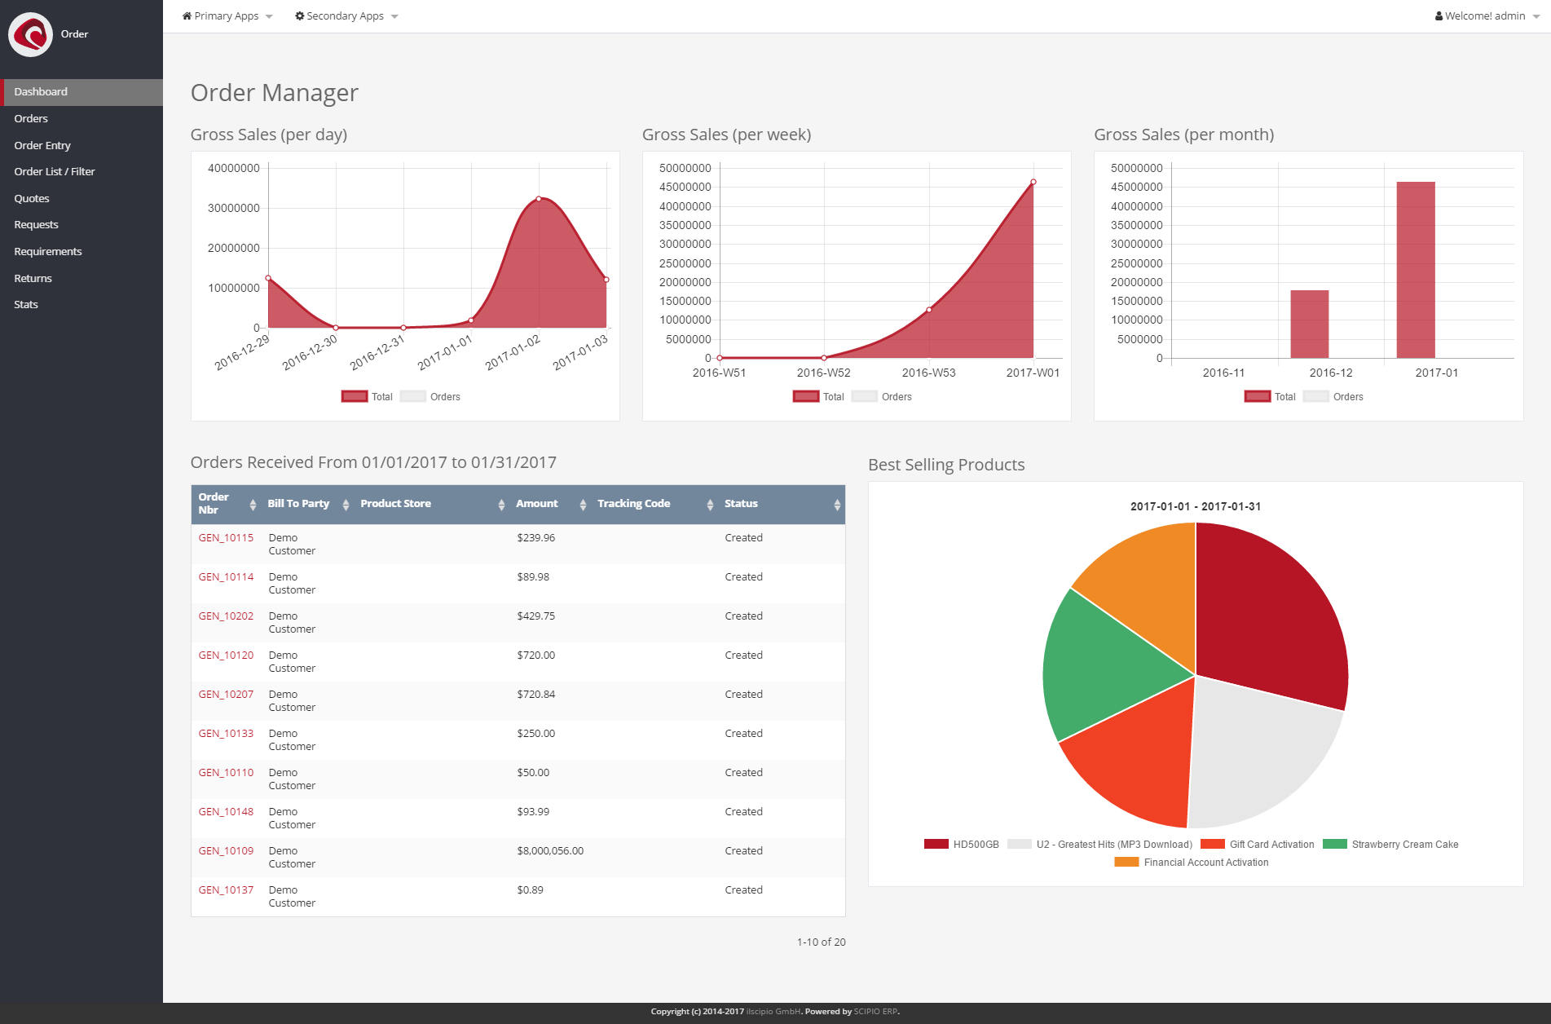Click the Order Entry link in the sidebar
[42, 145]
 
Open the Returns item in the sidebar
[33, 278]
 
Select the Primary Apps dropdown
[227, 16]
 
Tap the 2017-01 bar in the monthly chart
[1415, 270]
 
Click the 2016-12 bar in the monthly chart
[1309, 324]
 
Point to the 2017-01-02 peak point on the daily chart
[539, 199]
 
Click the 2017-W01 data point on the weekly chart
[1033, 183]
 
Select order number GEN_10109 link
[226, 850]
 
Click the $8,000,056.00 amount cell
[550, 850]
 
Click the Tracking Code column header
[633, 504]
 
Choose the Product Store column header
[395, 504]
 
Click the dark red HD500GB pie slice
[1271, 611]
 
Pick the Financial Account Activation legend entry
[1205, 863]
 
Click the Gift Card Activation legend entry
[1271, 845]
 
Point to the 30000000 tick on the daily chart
[234, 208]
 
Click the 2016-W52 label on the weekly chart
[823, 373]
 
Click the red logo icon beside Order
[31, 34]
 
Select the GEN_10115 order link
[226, 537]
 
